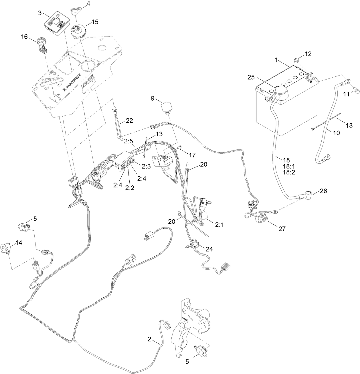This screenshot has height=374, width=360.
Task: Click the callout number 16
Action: tap(25, 37)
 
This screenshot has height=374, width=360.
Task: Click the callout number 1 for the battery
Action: tap(276, 60)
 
